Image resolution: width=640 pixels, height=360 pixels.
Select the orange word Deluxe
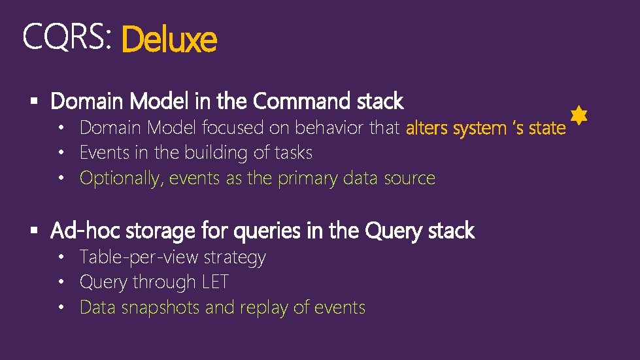point(169,40)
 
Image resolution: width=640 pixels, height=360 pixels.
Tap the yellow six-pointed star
point(579,116)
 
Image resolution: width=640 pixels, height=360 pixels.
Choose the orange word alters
point(428,128)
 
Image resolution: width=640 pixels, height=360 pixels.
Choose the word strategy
point(234,258)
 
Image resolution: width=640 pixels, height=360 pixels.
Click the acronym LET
point(215,282)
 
